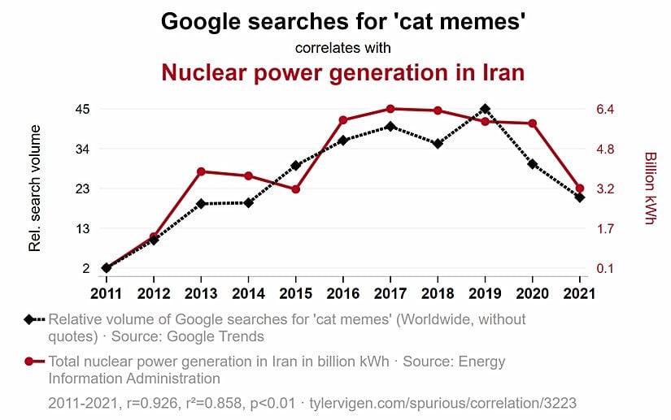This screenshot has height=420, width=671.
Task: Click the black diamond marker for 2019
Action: pyautogui.click(x=485, y=109)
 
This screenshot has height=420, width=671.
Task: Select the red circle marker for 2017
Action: pyautogui.click(x=390, y=109)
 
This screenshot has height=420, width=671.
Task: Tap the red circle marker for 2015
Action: pyautogui.click(x=296, y=189)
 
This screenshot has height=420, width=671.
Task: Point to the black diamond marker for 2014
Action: pyautogui.click(x=249, y=202)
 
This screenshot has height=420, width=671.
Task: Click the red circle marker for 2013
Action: pyautogui.click(x=201, y=171)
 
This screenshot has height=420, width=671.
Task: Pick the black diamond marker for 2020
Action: pyautogui.click(x=533, y=164)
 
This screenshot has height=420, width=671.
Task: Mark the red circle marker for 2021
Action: pyautogui.click(x=580, y=188)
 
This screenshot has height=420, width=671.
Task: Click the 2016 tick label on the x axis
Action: pyautogui.click(x=343, y=292)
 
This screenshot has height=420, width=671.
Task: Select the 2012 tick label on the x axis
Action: pyautogui.click(x=153, y=292)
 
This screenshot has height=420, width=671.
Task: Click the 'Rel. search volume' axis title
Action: pyautogui.click(x=35, y=188)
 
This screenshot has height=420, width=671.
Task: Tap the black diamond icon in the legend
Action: pyautogui.click(x=30, y=319)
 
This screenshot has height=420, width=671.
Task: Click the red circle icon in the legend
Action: pyautogui.click(x=30, y=362)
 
